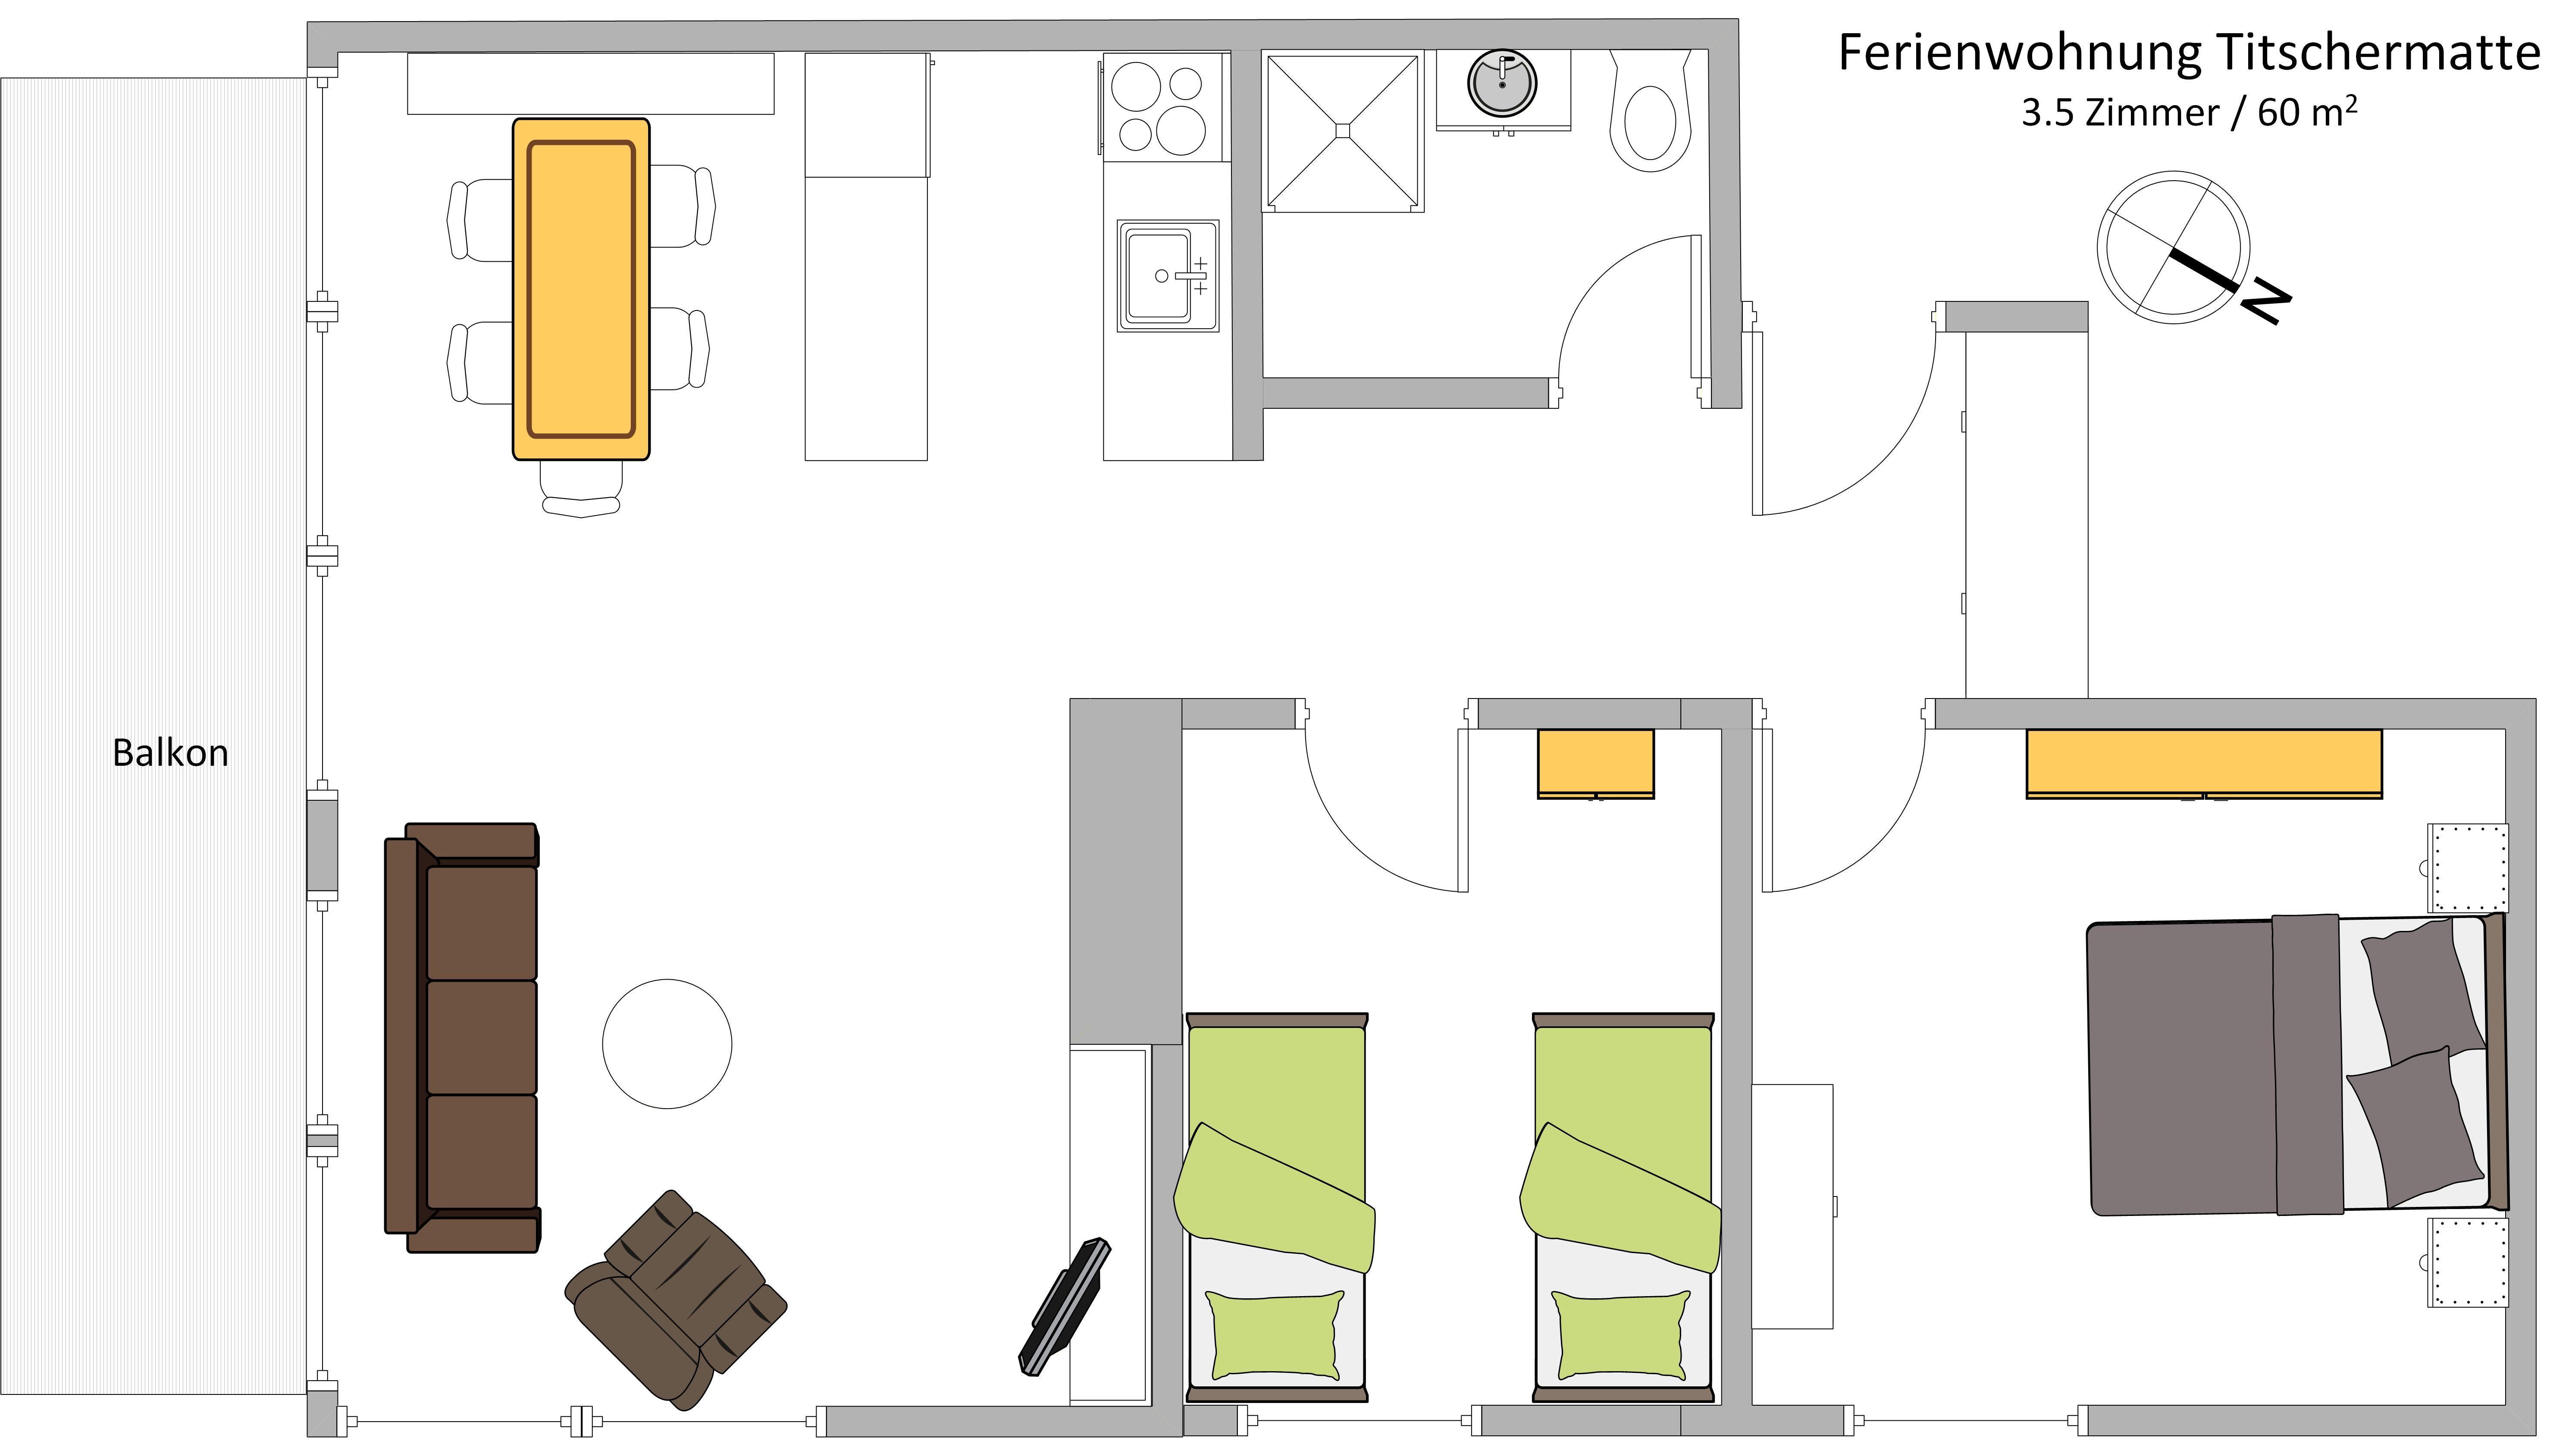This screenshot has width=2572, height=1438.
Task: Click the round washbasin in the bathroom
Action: click(x=1502, y=84)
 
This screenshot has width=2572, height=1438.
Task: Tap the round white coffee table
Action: click(x=667, y=1043)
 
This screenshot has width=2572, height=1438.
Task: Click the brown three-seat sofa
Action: click(x=462, y=1037)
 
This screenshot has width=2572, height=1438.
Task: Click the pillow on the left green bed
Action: click(x=1275, y=1335)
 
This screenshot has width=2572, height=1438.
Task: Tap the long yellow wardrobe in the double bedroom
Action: click(x=2204, y=764)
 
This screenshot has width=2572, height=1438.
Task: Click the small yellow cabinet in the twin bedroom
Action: click(x=1595, y=764)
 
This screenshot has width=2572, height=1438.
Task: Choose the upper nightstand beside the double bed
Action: click(x=2466, y=868)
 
